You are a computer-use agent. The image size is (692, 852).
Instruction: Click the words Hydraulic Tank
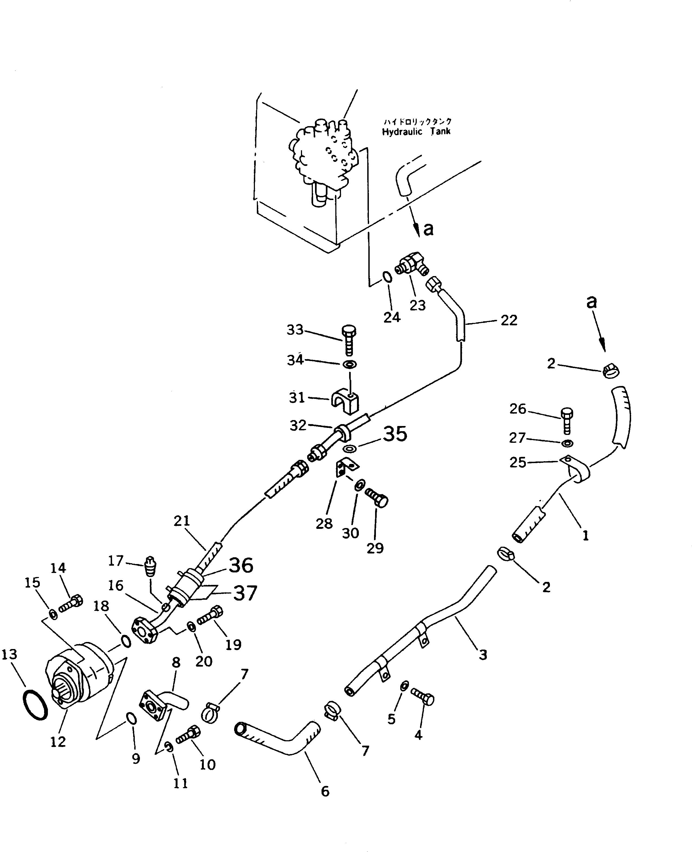[x=416, y=132]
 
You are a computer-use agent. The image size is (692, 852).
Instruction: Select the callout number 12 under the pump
[x=58, y=741]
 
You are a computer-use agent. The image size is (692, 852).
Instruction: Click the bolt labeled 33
[x=349, y=340]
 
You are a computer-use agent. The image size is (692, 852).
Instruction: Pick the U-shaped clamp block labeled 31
[x=345, y=401]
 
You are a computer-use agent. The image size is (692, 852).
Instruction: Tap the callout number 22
[x=509, y=320]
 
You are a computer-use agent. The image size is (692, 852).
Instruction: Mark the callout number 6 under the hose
[x=325, y=791]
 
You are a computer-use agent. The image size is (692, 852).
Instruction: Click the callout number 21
[x=182, y=521]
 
